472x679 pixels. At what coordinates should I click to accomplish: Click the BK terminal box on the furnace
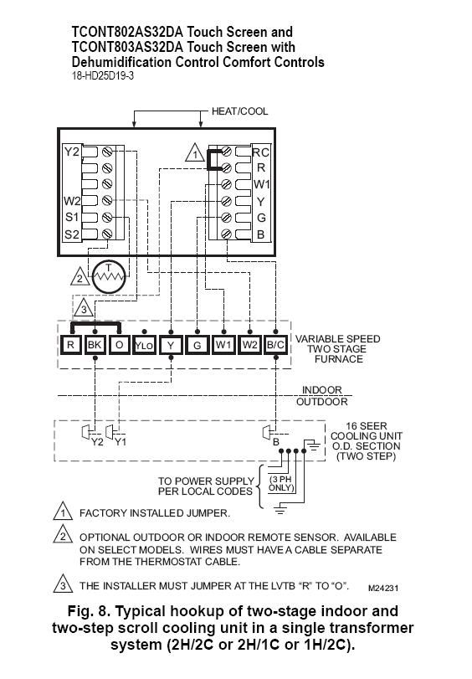(x=95, y=345)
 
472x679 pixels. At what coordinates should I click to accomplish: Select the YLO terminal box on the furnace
(x=144, y=345)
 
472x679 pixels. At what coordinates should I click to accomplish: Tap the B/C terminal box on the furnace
(x=276, y=345)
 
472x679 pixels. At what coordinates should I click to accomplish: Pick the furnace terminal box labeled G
(x=198, y=345)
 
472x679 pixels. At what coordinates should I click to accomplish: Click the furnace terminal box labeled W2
(x=250, y=345)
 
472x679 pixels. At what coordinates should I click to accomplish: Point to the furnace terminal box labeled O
(x=119, y=345)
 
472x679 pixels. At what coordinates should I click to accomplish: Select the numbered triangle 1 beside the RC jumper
(x=195, y=153)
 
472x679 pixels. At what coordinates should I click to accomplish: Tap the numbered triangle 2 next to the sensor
(x=80, y=277)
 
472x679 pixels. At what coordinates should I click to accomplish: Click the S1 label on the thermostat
(x=72, y=217)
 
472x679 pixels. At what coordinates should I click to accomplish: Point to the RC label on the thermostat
(x=260, y=152)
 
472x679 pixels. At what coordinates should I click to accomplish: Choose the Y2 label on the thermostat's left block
(x=72, y=152)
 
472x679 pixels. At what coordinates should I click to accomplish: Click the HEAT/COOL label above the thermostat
(x=240, y=111)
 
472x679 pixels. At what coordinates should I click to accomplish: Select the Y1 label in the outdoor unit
(x=121, y=442)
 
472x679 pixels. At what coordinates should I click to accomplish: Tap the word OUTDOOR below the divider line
(x=321, y=402)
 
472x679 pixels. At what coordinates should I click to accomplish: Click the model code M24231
(x=383, y=588)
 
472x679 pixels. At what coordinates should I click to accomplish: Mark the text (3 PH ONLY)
(x=281, y=484)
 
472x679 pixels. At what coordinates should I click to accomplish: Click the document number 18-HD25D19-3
(x=103, y=76)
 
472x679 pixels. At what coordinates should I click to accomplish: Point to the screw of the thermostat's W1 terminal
(x=226, y=184)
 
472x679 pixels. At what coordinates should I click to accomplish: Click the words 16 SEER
(x=367, y=426)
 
